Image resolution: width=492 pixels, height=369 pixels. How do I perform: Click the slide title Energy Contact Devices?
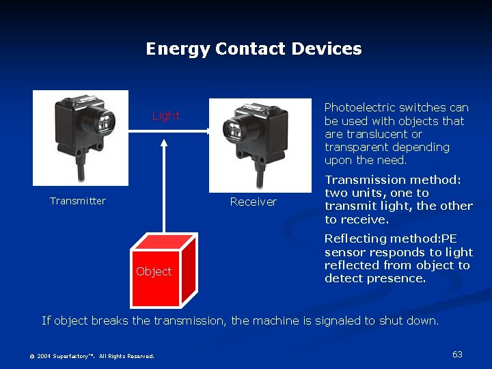254,49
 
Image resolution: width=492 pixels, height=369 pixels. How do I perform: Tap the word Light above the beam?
166,115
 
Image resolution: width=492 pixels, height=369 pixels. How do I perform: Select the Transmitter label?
78,201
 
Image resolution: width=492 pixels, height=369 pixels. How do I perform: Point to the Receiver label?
253,202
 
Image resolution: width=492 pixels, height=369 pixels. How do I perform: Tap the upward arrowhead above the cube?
164,143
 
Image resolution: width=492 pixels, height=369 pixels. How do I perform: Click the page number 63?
457,354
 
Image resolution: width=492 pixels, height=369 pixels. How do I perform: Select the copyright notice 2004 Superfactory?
92,356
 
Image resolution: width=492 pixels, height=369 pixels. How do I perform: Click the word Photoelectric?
360,107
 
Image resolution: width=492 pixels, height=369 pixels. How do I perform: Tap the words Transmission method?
393,180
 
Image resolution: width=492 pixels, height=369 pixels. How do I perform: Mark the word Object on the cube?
154,271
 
